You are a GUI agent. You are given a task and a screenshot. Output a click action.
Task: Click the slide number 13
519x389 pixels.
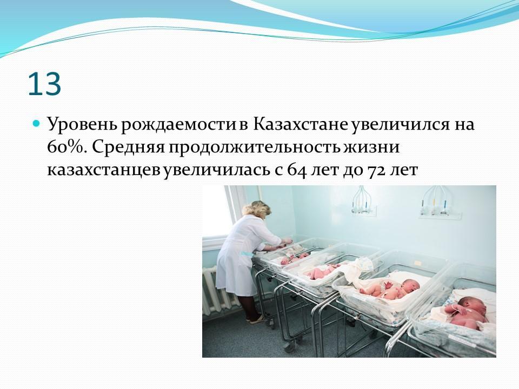point(45,84)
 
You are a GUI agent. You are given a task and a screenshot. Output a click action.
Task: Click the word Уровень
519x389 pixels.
point(82,125)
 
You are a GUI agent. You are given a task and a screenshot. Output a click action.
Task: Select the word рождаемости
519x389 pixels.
point(178,125)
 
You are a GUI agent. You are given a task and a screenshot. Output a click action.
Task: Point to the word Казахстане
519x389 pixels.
point(300,124)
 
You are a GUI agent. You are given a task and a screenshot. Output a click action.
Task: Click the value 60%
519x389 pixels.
point(67,147)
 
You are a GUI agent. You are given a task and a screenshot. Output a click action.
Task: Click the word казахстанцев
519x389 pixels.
point(104,171)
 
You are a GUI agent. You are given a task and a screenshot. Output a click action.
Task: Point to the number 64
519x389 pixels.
point(296,171)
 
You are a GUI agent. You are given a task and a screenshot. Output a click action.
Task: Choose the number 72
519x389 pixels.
point(376,171)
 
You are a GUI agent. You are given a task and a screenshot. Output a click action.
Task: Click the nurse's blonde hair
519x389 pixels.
point(257,210)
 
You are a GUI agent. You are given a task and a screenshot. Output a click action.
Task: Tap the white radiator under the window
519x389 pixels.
point(218,290)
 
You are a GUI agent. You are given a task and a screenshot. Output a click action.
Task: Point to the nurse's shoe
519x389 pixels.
point(256,319)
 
